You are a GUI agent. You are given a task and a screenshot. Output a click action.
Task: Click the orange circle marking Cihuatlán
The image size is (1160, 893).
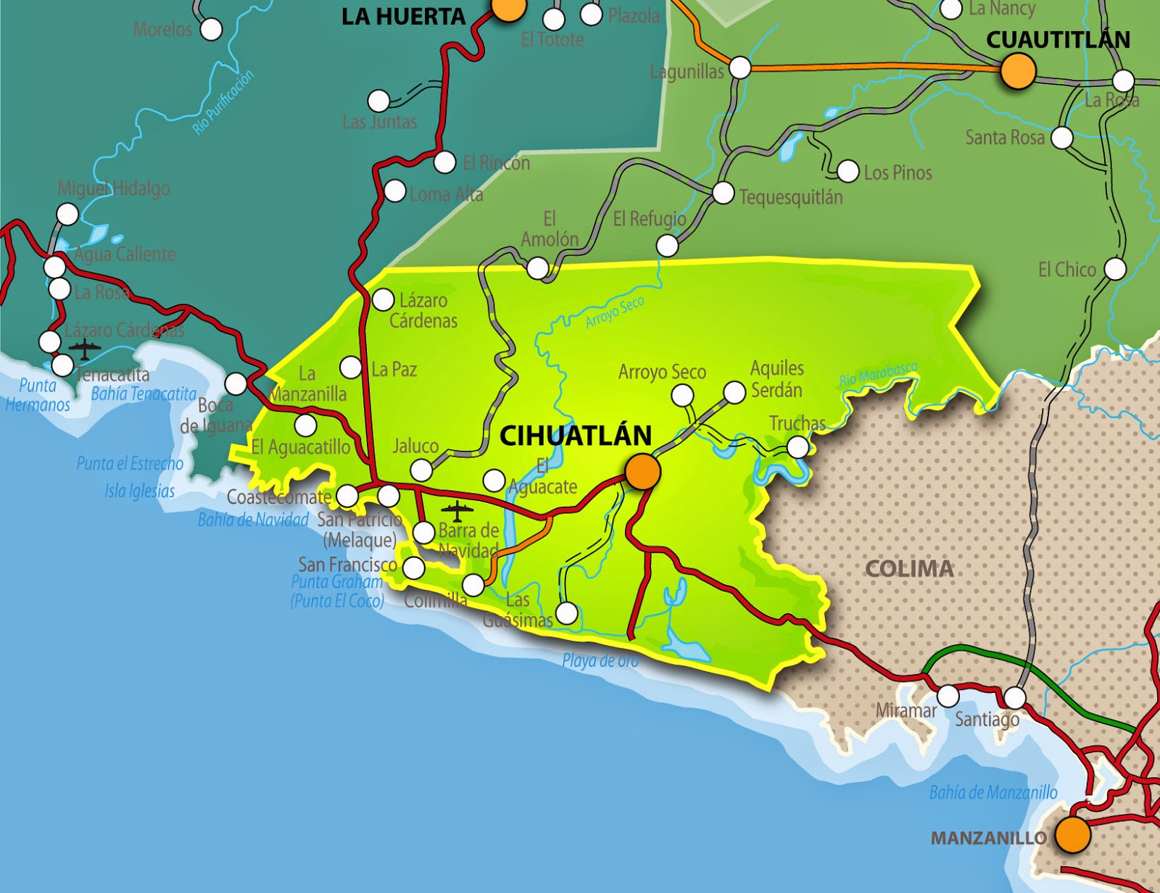[642, 472]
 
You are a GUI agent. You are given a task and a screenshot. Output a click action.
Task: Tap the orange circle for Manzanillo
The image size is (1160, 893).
[1072, 834]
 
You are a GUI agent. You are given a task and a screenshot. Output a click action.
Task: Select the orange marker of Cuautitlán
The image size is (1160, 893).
[1018, 71]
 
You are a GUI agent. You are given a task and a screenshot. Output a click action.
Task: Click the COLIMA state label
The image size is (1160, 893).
[909, 569]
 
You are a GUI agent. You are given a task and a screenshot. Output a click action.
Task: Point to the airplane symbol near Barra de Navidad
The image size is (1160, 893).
[457, 511]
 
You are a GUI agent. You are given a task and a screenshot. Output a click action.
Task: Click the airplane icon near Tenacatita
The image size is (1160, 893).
[86, 349]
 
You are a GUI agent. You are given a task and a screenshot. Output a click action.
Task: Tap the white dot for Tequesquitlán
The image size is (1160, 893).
[723, 193]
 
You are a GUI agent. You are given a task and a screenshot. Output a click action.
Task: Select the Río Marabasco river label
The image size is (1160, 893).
[878, 374]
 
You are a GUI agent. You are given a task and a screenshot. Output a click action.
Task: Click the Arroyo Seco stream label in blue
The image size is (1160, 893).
[614, 312]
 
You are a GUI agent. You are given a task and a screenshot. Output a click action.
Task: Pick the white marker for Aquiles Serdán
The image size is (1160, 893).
[734, 392]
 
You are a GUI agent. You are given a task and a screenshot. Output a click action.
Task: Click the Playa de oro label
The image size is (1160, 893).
[600, 660]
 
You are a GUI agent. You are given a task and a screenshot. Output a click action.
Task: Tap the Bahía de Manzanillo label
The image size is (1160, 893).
[993, 792]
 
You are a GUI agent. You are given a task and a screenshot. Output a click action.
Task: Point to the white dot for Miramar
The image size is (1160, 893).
[948, 696]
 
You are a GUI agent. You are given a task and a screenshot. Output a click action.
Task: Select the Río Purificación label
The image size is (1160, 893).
[223, 102]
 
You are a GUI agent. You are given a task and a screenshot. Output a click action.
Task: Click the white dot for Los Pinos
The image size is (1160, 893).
[848, 171]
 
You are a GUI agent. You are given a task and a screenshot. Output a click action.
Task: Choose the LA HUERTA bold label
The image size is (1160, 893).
[403, 17]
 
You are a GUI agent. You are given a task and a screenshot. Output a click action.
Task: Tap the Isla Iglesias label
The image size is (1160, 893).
[140, 491]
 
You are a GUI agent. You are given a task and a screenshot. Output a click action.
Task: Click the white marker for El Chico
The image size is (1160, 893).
[1115, 269]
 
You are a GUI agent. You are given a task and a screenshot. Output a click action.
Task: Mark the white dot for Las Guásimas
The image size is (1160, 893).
[566, 613]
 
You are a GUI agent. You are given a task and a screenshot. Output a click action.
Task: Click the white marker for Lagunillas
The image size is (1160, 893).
[739, 67]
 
